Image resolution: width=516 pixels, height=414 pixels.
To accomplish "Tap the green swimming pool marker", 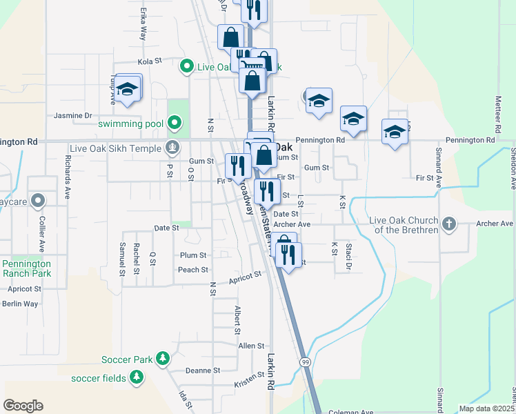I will coord(175,124).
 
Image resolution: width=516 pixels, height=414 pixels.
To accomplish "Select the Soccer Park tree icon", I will coord(163,359).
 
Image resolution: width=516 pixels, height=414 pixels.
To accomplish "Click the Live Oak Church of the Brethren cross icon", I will coord(448,224).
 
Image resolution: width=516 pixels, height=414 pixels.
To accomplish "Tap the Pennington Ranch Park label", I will coord(26,268).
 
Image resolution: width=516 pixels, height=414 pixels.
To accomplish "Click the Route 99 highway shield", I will coord(304,362).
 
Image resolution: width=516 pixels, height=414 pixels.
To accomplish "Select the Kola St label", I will coord(149,61).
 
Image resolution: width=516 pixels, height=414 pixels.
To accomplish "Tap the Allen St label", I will coord(251,346).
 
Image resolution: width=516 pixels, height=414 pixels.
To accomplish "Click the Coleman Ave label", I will coord(353,412).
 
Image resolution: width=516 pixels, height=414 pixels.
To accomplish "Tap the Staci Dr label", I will coord(349,257).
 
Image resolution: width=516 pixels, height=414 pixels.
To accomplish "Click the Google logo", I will coord(23,406).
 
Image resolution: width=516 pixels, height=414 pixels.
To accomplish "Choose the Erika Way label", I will coord(143,25).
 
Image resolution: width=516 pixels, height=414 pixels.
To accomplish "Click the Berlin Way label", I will coord(20,304).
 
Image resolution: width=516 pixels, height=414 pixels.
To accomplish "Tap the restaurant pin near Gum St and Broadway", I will coord(236,166).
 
